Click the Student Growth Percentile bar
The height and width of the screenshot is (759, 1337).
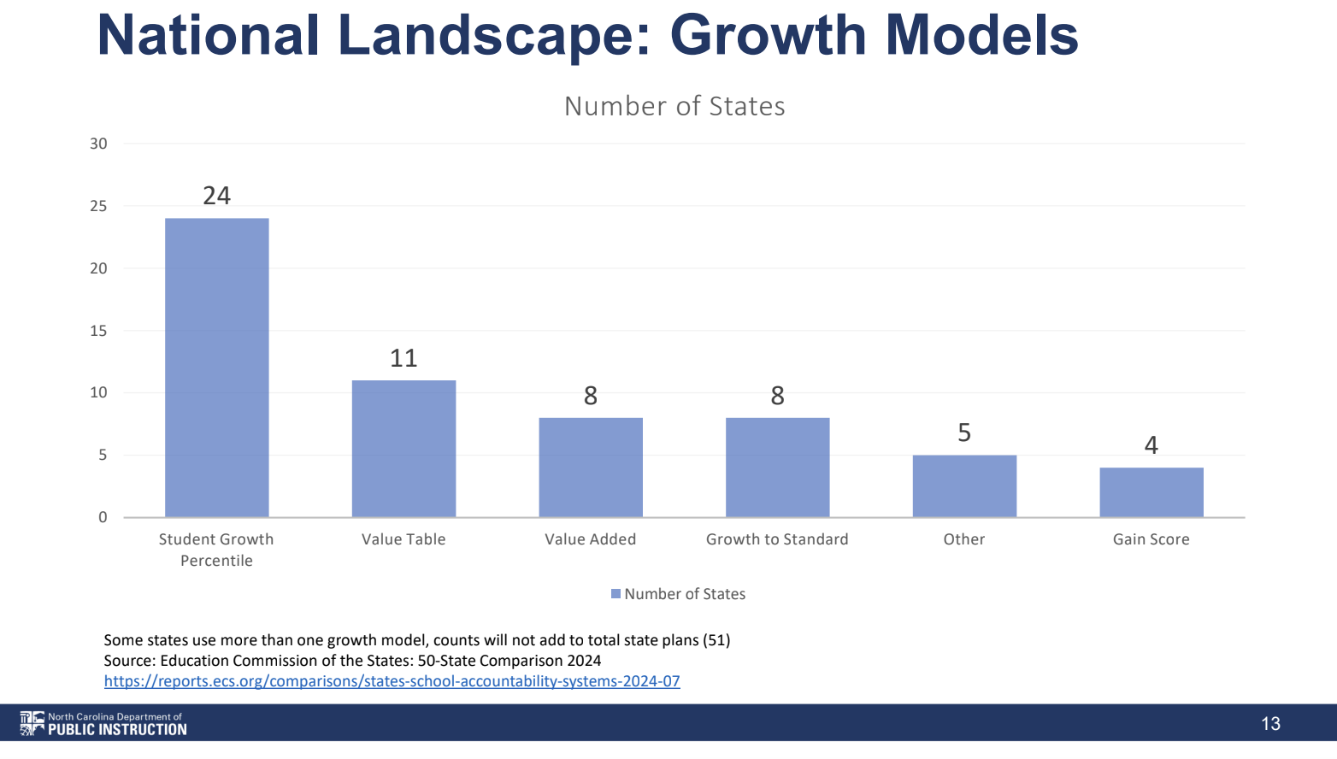216,368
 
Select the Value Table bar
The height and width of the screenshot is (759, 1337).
403,449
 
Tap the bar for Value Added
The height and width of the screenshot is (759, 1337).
591,468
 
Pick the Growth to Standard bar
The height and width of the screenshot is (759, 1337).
777,468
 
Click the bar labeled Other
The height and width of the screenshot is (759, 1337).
964,486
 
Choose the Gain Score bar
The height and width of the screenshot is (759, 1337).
1151,492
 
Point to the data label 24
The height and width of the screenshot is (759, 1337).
216,196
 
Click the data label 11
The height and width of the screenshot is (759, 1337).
403,358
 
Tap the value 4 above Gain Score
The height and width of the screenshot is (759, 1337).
1151,445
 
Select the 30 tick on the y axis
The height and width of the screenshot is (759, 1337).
98,144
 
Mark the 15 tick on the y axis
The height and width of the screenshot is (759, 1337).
98,331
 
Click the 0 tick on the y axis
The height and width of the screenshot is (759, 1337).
103,517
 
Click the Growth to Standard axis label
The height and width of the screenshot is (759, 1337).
777,539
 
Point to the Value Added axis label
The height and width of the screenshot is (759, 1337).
591,539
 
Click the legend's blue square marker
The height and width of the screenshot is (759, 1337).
616,594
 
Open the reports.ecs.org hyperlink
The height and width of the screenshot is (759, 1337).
392,681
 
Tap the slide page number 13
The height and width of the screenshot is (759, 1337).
1270,724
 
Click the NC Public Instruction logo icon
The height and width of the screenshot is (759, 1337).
32,723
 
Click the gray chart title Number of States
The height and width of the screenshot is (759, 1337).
674,106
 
